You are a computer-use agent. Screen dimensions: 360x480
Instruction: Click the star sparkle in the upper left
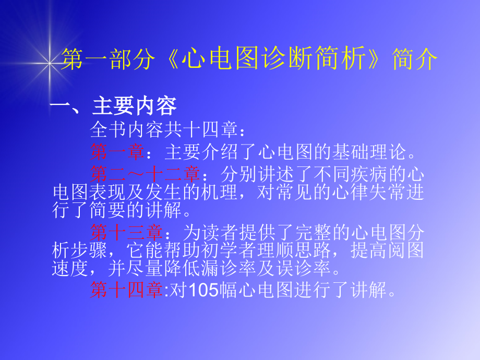(x=50, y=64)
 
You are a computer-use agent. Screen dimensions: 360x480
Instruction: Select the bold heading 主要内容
(x=135, y=106)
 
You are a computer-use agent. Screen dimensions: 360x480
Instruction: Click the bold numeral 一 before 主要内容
(x=61, y=106)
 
